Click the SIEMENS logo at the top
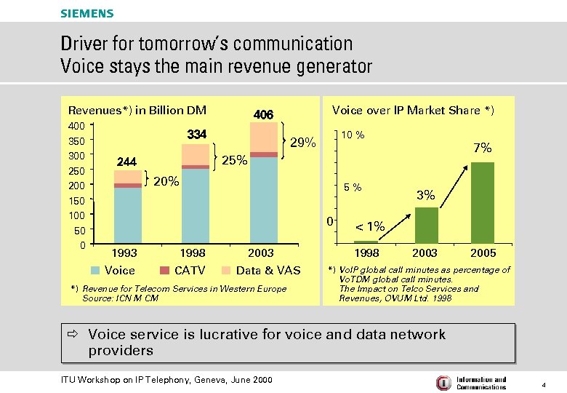point(87,13)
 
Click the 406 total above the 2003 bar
point(262,115)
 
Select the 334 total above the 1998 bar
point(196,135)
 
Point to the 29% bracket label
point(302,143)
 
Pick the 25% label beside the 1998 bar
point(234,160)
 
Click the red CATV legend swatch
point(165,271)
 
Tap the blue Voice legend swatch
point(96,271)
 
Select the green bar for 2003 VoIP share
point(426,225)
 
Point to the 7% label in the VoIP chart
point(483,148)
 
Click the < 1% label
point(369,227)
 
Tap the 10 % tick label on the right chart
point(354,135)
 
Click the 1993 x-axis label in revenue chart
point(124,253)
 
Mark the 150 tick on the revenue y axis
point(76,201)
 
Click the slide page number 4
point(544,383)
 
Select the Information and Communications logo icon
point(443,383)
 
